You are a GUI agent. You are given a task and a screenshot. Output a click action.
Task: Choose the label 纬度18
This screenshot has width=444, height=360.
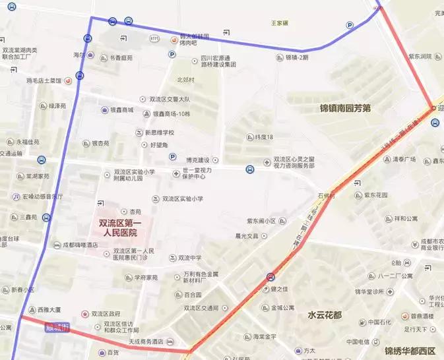(264, 137)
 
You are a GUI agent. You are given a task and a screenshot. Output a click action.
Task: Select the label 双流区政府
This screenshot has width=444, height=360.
(106, 314)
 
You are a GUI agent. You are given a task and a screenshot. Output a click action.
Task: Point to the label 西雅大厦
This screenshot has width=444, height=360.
(49, 309)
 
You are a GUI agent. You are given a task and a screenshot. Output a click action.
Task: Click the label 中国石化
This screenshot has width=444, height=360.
(381, 322)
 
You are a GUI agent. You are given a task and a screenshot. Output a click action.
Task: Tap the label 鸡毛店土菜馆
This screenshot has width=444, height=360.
(44, 80)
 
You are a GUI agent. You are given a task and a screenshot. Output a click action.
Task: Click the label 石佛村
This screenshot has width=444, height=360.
(327, 196)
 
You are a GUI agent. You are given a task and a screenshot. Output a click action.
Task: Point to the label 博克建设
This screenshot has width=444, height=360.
(197, 160)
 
